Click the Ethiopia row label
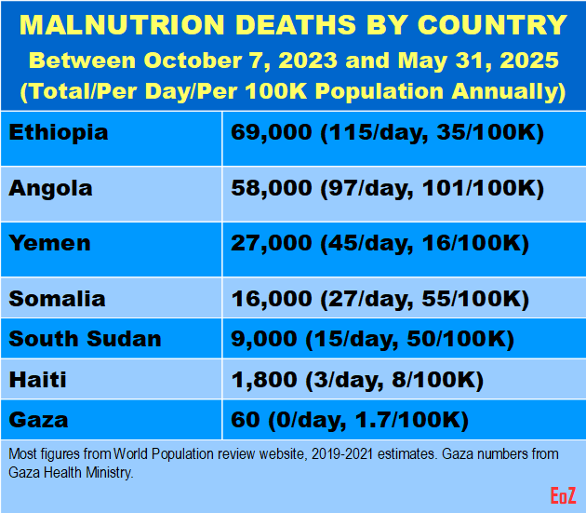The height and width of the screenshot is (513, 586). [59, 132]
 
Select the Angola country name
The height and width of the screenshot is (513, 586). [51, 188]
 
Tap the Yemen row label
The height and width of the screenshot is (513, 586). [50, 244]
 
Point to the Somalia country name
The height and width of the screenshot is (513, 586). [57, 300]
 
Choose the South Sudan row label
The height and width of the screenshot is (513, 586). [85, 339]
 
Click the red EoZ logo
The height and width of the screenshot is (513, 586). [562, 494]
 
